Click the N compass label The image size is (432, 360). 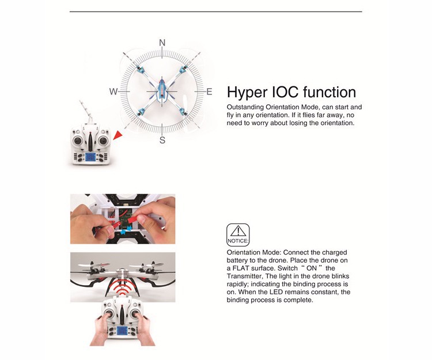click(162, 43)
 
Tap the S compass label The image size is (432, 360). click(162, 140)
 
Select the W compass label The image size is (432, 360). click(113, 92)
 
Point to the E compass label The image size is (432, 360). click(209, 92)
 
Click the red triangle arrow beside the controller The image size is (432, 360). click(118, 135)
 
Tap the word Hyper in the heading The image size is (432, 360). click(247, 93)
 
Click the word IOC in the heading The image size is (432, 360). click(285, 92)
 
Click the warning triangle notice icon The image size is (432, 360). click(238, 231)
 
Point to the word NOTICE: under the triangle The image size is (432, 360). click(238, 241)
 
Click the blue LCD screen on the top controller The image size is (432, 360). click(90, 157)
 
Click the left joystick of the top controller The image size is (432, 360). click(78, 141)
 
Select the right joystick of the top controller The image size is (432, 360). click(103, 141)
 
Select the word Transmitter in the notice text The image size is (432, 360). click(244, 276)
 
